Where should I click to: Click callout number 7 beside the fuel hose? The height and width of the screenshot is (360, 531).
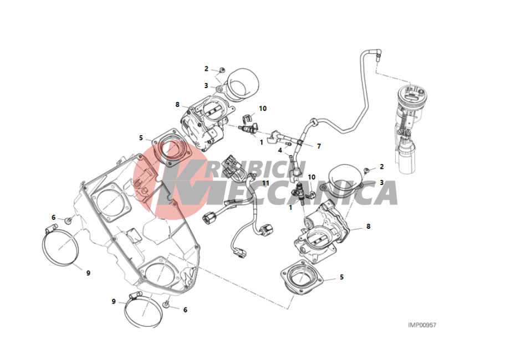pos(319,146)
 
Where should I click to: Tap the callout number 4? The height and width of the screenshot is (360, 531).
pos(280,150)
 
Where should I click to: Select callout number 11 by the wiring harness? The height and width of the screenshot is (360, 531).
pos(265,183)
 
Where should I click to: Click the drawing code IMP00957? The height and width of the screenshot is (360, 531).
pos(422,325)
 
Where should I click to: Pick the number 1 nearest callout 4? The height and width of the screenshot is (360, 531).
pos(261,142)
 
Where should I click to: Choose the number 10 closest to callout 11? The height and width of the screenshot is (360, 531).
pos(312,177)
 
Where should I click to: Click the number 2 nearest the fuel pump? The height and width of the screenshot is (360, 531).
pos(382,167)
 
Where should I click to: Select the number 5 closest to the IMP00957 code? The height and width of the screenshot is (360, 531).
pos(341,277)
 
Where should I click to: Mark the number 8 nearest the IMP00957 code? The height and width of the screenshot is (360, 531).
pos(369,227)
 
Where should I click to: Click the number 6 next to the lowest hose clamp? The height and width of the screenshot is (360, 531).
pos(185,310)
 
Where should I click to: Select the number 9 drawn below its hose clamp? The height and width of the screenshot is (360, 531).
pos(88,273)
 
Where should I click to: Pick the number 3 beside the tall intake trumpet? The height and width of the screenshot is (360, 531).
pos(206,86)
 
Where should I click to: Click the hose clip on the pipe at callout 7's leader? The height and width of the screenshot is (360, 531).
pos(299,142)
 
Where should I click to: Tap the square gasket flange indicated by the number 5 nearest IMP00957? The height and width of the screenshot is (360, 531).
pos(301,277)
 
